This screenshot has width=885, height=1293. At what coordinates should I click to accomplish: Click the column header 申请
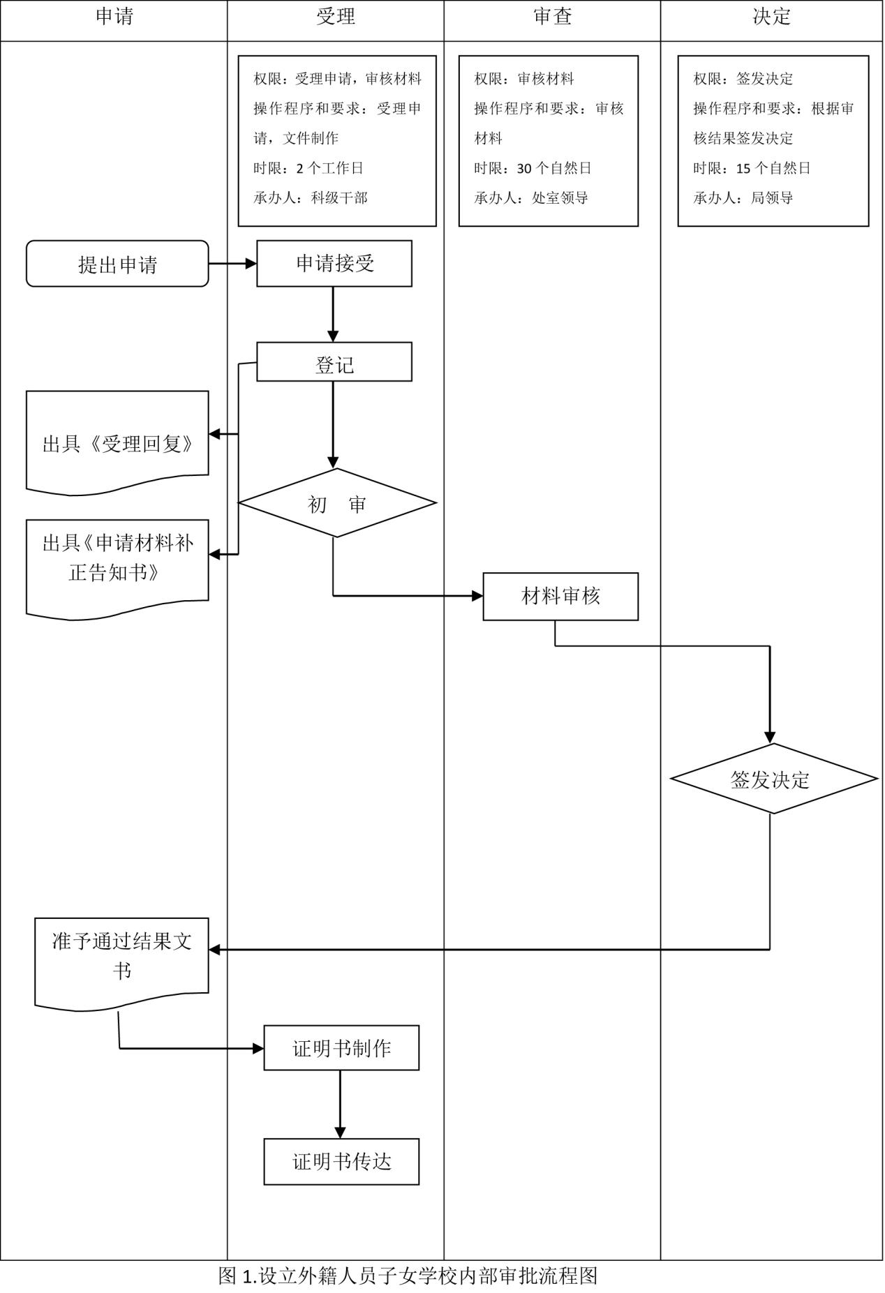(x=114, y=17)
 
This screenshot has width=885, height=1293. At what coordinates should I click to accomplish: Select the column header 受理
(x=336, y=17)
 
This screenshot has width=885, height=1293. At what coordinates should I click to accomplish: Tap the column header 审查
(x=552, y=17)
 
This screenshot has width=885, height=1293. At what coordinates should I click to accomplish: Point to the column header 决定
(x=771, y=17)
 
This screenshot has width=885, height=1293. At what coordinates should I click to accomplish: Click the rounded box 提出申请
(x=117, y=264)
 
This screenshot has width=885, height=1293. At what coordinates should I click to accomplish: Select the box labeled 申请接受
(x=334, y=264)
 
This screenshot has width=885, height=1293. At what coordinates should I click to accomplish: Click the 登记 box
(x=334, y=362)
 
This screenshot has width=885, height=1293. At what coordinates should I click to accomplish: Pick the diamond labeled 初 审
(x=337, y=503)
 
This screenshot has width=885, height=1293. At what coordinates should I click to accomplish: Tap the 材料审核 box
(x=560, y=597)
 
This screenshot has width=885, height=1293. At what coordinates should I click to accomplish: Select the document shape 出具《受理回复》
(x=117, y=443)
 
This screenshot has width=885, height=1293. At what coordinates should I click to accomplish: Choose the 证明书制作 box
(x=341, y=1048)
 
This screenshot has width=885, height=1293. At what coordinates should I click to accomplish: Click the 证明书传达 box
(x=341, y=1162)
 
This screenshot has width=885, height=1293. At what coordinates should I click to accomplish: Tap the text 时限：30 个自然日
(x=533, y=168)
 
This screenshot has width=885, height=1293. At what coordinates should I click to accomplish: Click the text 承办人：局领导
(x=743, y=198)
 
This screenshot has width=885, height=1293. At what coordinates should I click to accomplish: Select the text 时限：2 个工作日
(x=308, y=168)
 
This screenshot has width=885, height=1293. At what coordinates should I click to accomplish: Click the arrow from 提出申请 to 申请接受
(x=232, y=264)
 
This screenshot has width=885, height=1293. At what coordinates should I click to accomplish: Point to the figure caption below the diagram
(x=408, y=1276)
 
